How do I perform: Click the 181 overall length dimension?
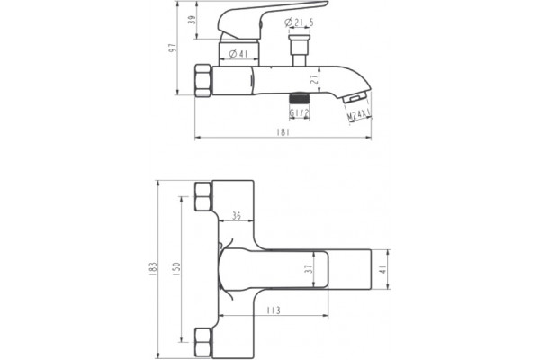[x=283, y=132]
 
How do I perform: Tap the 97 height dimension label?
[x=172, y=48]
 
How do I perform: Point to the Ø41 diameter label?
[x=238, y=54]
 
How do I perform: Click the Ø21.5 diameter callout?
[x=299, y=22]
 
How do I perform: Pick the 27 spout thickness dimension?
[x=314, y=80]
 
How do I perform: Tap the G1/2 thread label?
[x=300, y=113]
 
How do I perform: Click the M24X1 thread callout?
[x=358, y=114]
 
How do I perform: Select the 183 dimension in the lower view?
[x=153, y=269]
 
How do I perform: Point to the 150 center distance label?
[x=176, y=269]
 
